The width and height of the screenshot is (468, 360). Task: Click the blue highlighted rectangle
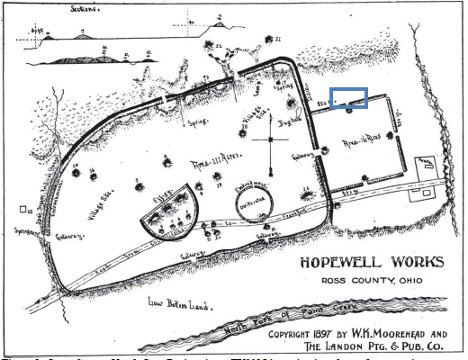(x=348, y=98)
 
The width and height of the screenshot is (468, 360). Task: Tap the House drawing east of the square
(x=426, y=163)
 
